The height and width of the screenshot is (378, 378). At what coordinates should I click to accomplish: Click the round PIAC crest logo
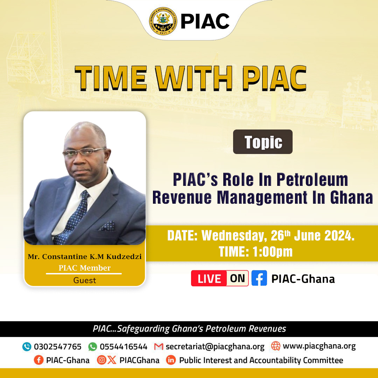point(163,21)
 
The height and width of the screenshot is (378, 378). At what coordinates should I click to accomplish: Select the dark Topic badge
point(263,142)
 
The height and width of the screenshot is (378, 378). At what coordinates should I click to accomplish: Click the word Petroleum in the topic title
point(312,180)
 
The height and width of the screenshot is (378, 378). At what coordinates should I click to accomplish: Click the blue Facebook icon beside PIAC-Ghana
point(259,278)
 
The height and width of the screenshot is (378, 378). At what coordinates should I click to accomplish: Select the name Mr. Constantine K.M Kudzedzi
point(85,257)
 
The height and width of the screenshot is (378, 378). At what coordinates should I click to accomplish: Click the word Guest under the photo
point(85,280)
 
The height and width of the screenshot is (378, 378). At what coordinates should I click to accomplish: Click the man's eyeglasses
point(84,152)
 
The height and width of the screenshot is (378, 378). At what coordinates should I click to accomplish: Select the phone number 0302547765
point(58,346)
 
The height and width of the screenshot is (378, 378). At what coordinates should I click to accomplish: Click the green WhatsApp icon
point(92,346)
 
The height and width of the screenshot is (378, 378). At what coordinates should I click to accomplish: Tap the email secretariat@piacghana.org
point(215,347)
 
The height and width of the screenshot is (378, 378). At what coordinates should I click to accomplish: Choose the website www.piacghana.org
point(319,346)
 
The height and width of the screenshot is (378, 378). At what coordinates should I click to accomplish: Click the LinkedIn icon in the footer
point(171,360)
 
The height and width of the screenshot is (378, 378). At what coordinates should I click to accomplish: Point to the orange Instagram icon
point(101,360)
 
